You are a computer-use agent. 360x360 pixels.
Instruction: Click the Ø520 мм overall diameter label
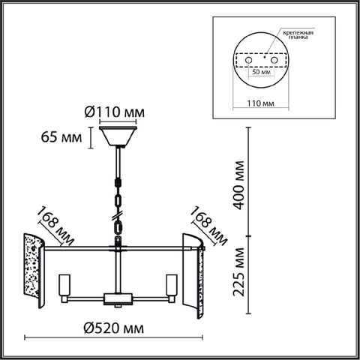pyautogui.click(x=114, y=328)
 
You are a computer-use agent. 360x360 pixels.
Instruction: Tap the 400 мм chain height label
pyautogui.click(x=237, y=185)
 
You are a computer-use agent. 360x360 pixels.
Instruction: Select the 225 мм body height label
pyautogui.click(x=238, y=272)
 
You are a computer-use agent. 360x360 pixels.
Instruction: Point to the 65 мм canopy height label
pyautogui.click(x=61, y=137)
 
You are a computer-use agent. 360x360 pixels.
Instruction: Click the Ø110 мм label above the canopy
pyautogui.click(x=115, y=112)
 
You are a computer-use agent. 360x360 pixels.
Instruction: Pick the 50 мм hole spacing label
pyautogui.click(x=261, y=72)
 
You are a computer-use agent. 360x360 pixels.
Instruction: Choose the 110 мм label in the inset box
pyautogui.click(x=260, y=103)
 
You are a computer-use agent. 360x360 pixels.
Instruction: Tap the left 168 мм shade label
pyautogui.click(x=55, y=226)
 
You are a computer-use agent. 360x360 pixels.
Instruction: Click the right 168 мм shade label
pyautogui.click(x=208, y=226)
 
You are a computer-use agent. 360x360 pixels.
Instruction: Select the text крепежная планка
pyautogui.click(x=298, y=35)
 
